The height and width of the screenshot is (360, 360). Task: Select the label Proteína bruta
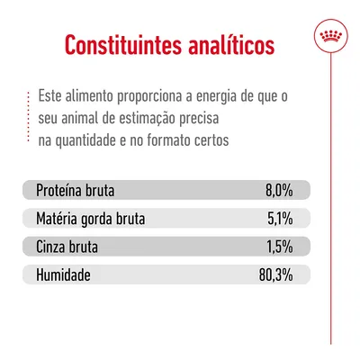point(76,191)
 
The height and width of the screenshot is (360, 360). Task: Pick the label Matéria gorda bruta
point(90,218)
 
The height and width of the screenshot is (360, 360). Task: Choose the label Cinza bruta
point(68,245)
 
